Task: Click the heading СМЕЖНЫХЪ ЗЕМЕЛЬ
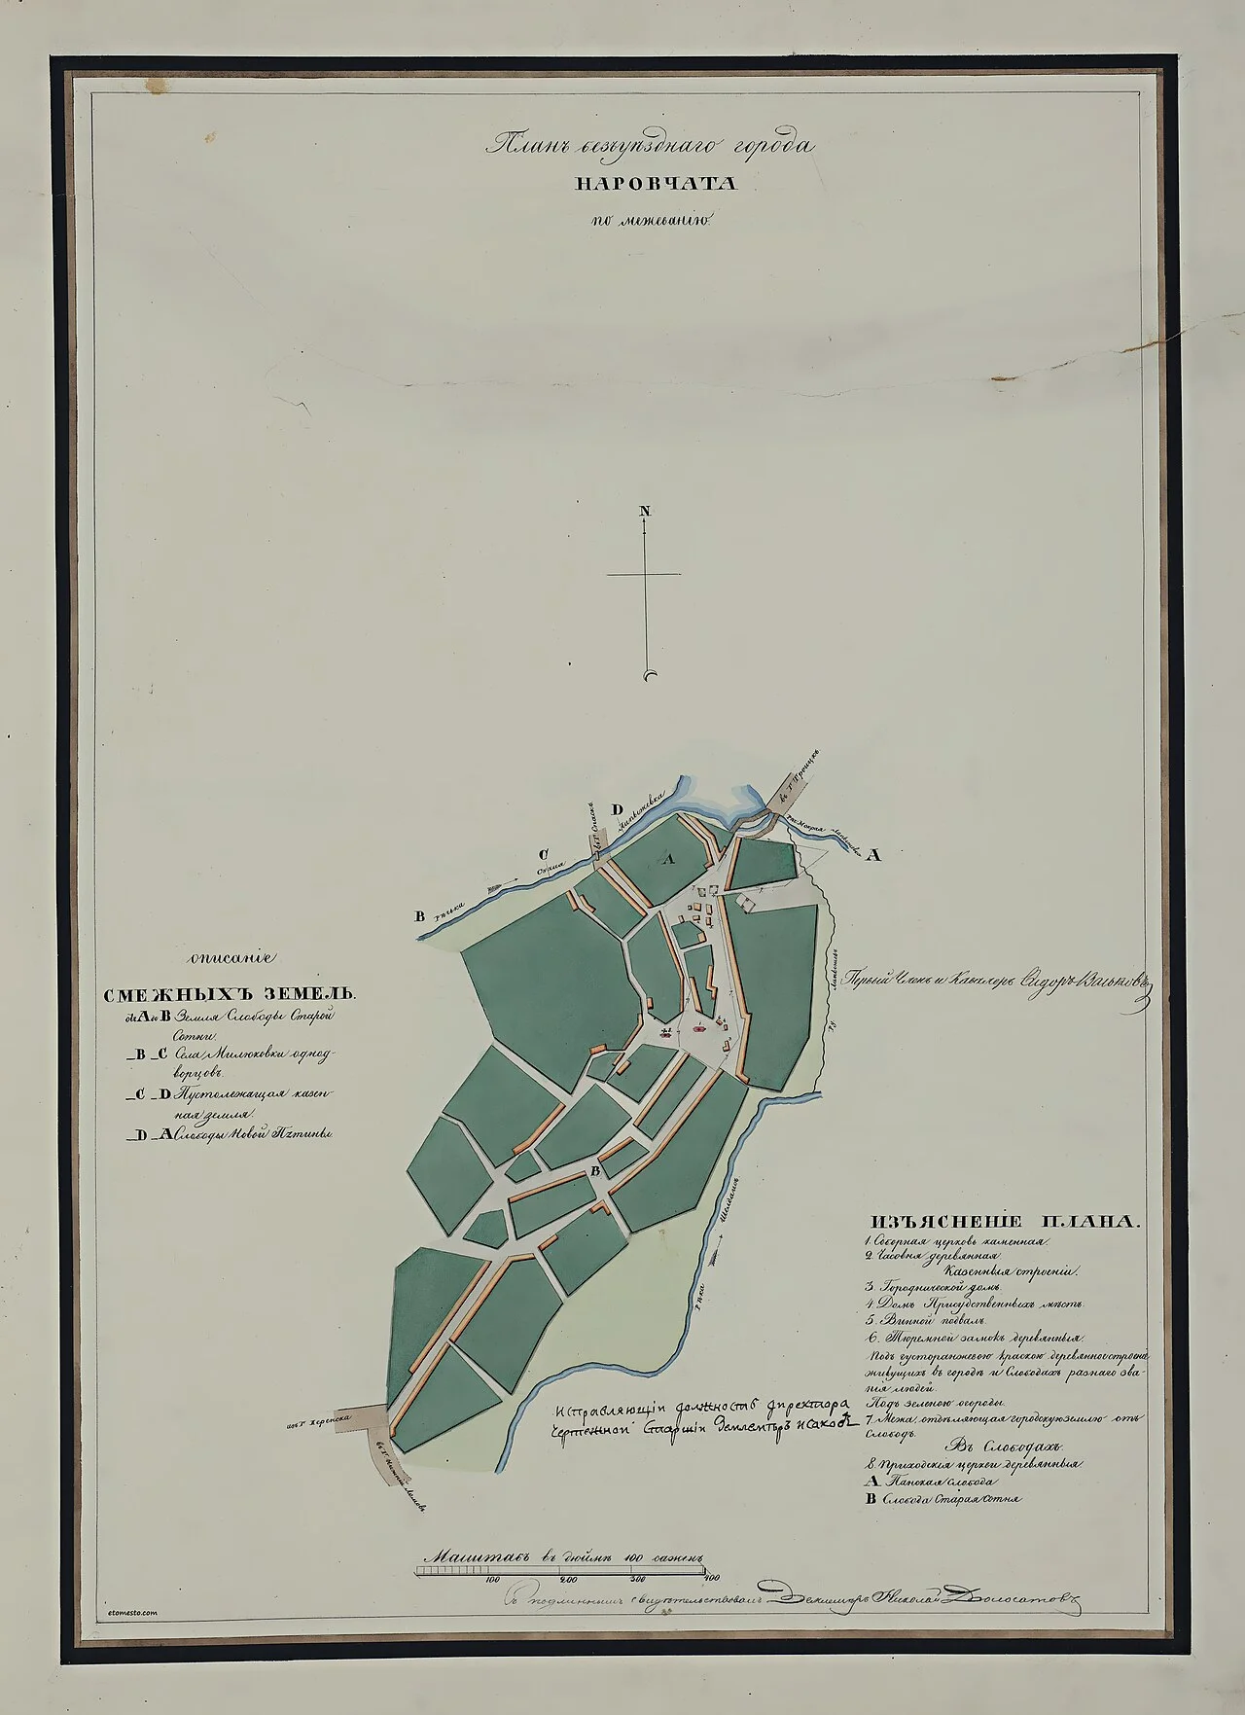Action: (231, 995)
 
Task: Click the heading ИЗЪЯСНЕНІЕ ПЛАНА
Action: (1001, 1222)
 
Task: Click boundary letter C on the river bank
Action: (547, 856)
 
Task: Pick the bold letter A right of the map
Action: (873, 856)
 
